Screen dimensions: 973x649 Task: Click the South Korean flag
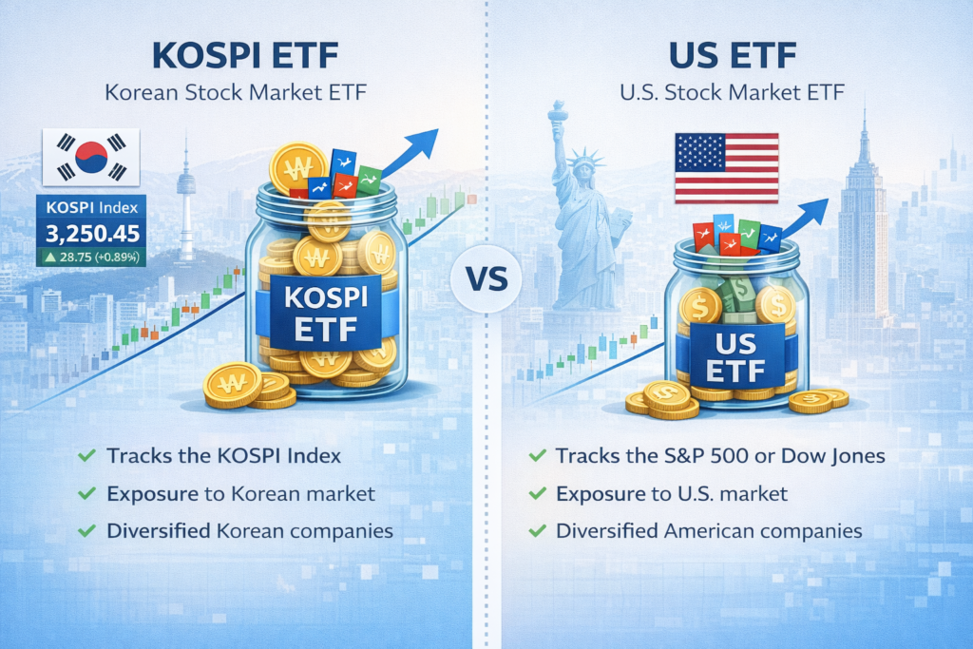pyautogui.click(x=91, y=157)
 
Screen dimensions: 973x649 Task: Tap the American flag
pyautogui.click(x=727, y=168)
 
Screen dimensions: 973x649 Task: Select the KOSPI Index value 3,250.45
pyautogui.click(x=92, y=234)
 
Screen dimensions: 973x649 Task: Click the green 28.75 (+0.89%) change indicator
pyautogui.click(x=92, y=257)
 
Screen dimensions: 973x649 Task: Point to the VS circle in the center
pyautogui.click(x=486, y=278)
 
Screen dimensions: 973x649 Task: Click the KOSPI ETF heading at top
pyautogui.click(x=245, y=55)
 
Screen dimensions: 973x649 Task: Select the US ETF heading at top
pyautogui.click(x=733, y=55)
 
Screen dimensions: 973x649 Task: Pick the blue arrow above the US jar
pyautogui.click(x=805, y=219)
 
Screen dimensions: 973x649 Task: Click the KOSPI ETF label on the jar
pyautogui.click(x=327, y=314)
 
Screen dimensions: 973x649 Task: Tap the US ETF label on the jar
pyautogui.click(x=735, y=358)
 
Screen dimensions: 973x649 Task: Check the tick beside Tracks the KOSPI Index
pyautogui.click(x=86, y=456)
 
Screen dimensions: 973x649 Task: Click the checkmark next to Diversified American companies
pyautogui.click(x=538, y=531)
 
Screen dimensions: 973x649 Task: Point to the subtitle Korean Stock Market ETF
pyautogui.click(x=236, y=92)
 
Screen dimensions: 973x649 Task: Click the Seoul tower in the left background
pyautogui.click(x=186, y=199)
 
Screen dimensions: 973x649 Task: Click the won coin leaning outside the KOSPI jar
pyautogui.click(x=234, y=385)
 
